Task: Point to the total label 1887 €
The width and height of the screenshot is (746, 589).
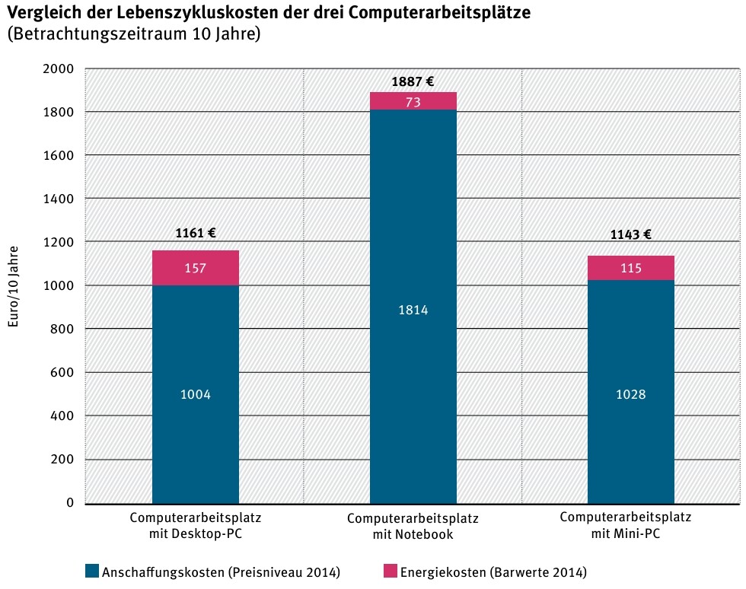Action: pos(413,81)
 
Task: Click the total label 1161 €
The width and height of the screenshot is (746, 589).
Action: pos(196,234)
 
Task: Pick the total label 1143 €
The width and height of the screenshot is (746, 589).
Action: pos(630,234)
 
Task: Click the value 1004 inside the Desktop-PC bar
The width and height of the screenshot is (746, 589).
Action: pos(196,394)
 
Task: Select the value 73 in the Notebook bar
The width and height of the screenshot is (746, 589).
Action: pos(413,101)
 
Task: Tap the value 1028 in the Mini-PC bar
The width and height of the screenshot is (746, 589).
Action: pos(630,394)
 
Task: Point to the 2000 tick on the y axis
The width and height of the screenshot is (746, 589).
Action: pos(59,69)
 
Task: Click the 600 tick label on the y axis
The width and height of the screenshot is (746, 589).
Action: pos(62,373)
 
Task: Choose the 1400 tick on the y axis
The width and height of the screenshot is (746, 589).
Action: pos(59,199)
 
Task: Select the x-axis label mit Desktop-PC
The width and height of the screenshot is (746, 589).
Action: pos(196,533)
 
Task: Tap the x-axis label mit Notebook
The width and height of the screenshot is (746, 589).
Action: pos(413,534)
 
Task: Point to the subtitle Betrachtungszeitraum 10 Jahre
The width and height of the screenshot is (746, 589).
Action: pos(134,35)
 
